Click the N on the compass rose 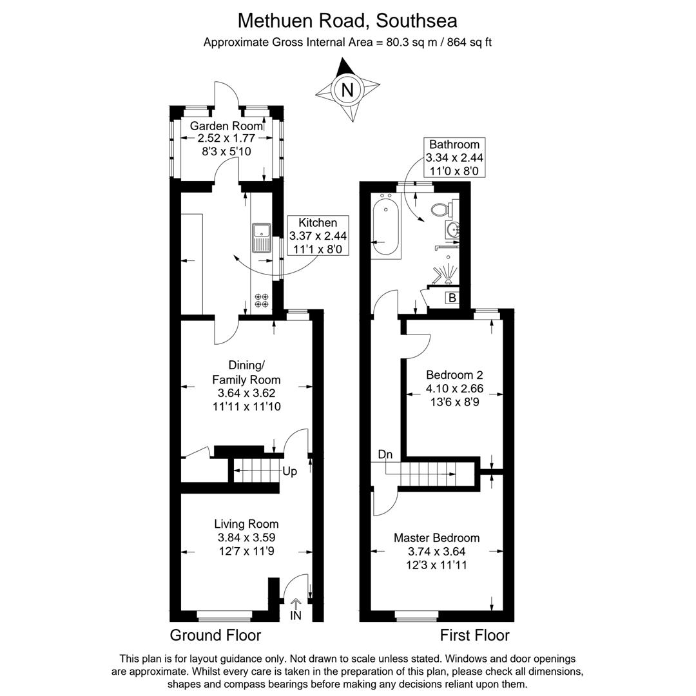tap(347, 90)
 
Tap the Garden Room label tap(226, 126)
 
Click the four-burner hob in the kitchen tap(262, 300)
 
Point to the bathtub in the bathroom tap(385, 225)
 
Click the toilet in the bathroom tap(441, 209)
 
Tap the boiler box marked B tap(452, 298)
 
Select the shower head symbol tap(446, 273)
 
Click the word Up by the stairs tap(290, 471)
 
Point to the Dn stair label tap(385, 454)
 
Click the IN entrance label tap(296, 615)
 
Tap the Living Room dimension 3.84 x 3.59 tap(246, 537)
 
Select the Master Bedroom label tap(437, 538)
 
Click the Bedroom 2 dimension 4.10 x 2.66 tap(454, 389)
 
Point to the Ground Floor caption tap(215, 635)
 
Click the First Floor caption tap(474, 635)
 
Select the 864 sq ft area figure tap(469, 43)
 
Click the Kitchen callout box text tap(318, 236)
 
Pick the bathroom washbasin tap(452, 230)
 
